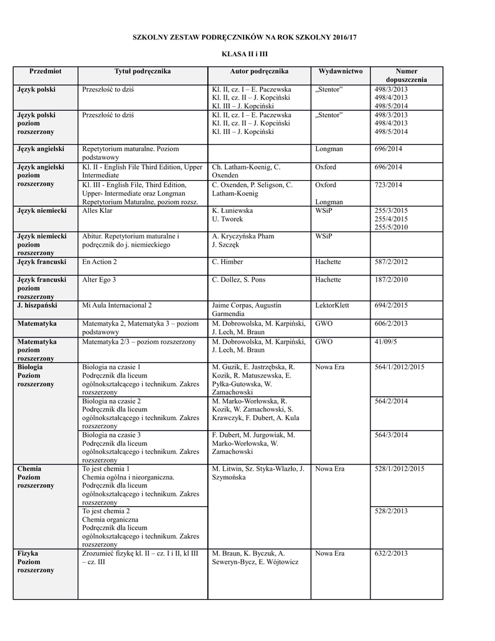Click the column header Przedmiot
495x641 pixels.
pyautogui.click(x=45, y=71)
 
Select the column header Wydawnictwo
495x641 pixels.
pyautogui.click(x=340, y=71)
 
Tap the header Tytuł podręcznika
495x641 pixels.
pyautogui.click(x=143, y=71)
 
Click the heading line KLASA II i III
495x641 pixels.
pyautogui.click(x=247, y=55)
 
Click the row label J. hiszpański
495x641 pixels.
pyautogui.click(x=38, y=305)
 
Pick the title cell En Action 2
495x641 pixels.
pyautogui.click(x=100, y=262)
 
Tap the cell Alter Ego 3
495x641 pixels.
pyautogui.click(x=100, y=280)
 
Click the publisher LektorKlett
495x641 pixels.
pyautogui.click(x=332, y=305)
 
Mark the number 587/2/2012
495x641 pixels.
pyautogui.click(x=391, y=262)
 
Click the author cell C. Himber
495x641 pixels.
pyautogui.click(x=228, y=262)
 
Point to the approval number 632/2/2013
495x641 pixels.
pyautogui.click(x=391, y=554)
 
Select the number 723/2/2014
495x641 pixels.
pyautogui.click(x=388, y=185)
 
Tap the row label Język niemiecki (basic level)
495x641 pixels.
pyautogui.click(x=43, y=211)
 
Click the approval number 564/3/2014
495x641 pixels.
pyautogui.click(x=391, y=435)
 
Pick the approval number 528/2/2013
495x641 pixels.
pyautogui.click(x=391, y=511)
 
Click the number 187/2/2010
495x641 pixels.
pyautogui.click(x=391, y=280)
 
